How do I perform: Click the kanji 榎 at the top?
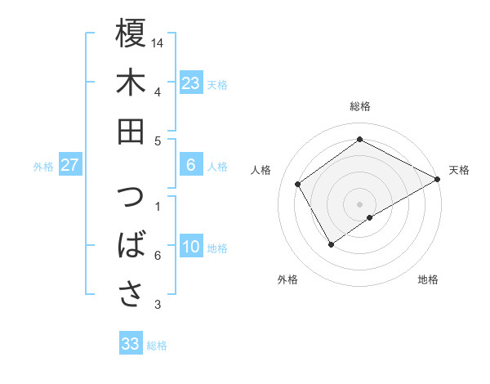[x=131, y=35]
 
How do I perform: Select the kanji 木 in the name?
[x=131, y=83]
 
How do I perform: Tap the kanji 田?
[x=131, y=131]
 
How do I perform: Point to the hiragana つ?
[x=131, y=199]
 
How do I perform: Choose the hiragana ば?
[x=131, y=246]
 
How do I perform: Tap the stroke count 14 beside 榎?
[x=158, y=42]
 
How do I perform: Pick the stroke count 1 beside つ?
[x=158, y=206]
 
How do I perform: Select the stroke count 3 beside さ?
[x=158, y=305]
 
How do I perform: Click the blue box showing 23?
[x=190, y=83]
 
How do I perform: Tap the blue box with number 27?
[x=69, y=165]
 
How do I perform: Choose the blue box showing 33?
[x=131, y=344]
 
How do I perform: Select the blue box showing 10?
[x=190, y=247]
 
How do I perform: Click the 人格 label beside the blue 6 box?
[x=217, y=166]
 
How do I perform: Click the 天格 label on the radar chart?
[x=459, y=170]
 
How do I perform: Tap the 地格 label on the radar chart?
[x=428, y=280]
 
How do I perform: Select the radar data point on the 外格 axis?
[x=331, y=244]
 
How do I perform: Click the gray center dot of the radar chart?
[x=359, y=203]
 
